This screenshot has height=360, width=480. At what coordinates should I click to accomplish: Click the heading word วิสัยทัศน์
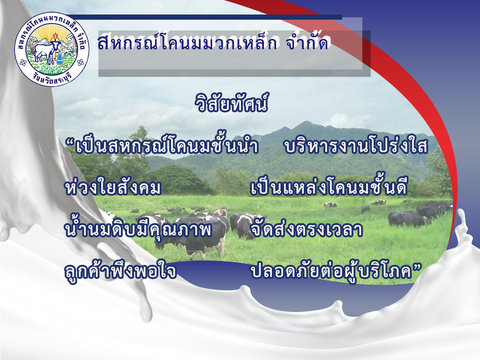click(x=232, y=103)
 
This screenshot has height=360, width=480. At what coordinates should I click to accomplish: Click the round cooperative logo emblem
click(x=52, y=49)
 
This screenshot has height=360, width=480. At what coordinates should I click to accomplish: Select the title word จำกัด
click(x=307, y=42)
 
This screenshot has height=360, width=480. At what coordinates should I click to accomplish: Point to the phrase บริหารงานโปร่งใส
click(x=356, y=145)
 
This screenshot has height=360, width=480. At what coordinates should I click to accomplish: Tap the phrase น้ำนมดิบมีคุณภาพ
click(x=138, y=229)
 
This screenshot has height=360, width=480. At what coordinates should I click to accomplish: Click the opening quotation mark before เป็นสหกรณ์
click(x=70, y=142)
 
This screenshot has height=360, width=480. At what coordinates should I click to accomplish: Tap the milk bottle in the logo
click(x=60, y=58)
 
